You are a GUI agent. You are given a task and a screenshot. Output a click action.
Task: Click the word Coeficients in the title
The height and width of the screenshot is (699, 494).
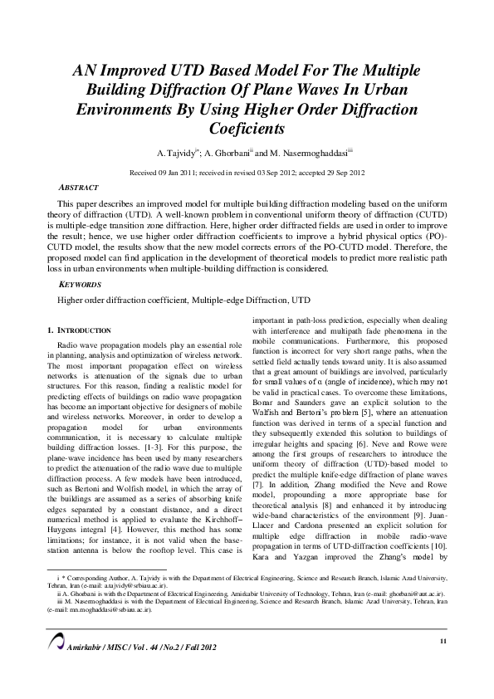coord(247,130)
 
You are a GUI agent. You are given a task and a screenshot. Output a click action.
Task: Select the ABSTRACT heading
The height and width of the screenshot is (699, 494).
coord(79,188)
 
